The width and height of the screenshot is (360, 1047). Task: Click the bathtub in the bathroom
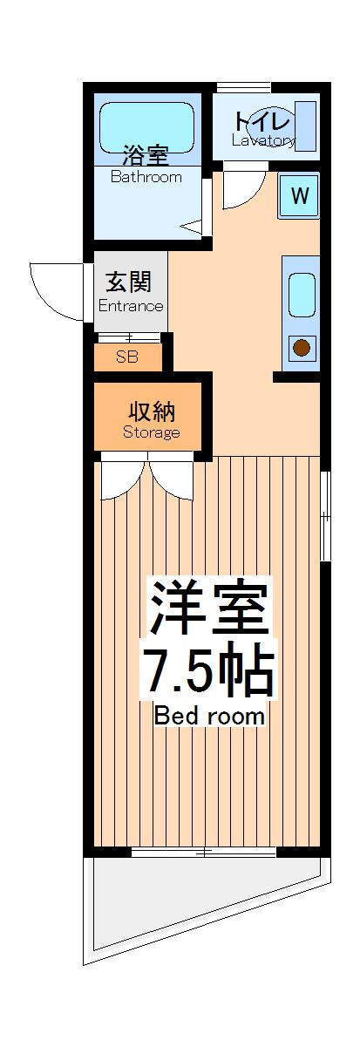click(146, 127)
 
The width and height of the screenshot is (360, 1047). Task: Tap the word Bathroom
click(146, 177)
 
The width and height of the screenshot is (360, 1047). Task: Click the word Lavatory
click(263, 140)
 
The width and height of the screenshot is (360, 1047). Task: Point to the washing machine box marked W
click(299, 196)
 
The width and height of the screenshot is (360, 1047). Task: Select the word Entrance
click(131, 306)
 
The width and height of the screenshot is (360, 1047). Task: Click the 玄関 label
click(130, 283)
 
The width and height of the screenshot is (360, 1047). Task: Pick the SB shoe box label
click(127, 357)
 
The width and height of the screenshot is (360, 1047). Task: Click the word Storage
click(151, 432)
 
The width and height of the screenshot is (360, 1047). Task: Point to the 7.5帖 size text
click(208, 670)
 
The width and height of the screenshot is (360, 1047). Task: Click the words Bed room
click(209, 717)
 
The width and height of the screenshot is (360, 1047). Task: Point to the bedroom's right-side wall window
click(324, 516)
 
